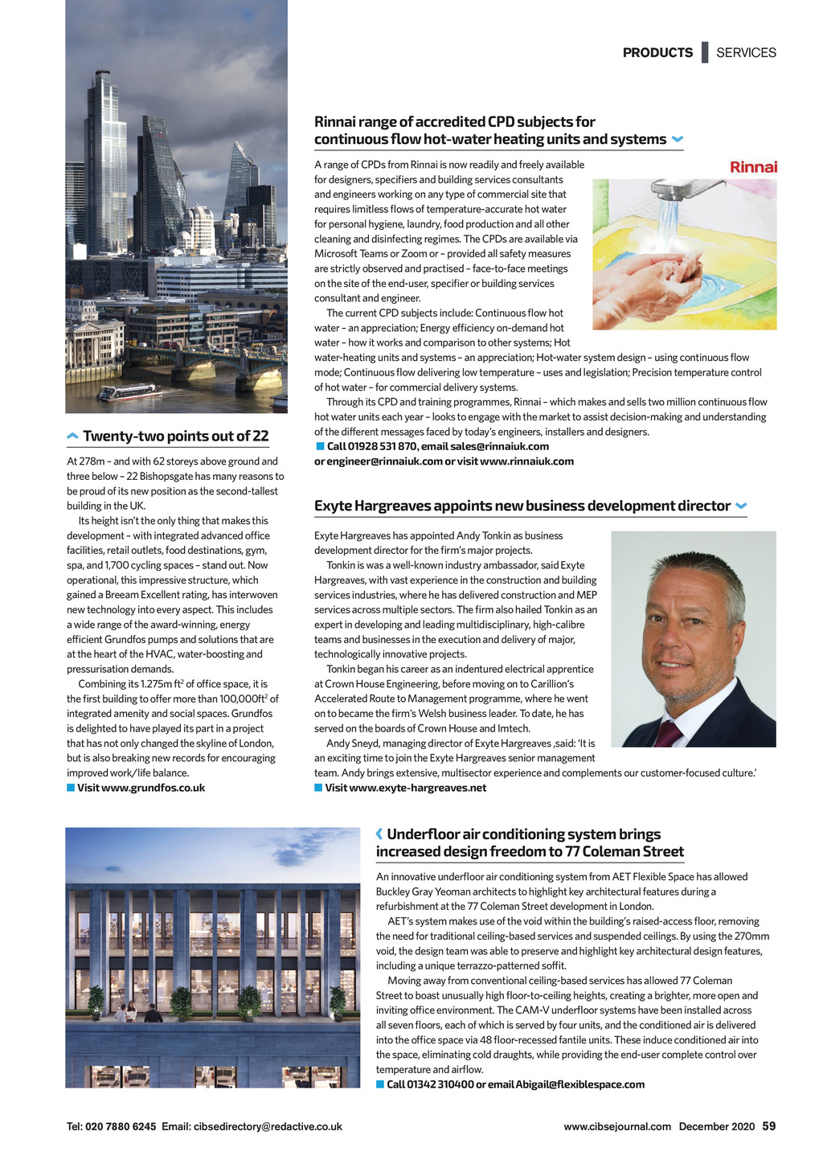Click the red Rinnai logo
point(752,167)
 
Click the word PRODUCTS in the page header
point(657,53)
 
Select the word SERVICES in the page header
point(746,53)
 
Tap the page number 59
point(769,1126)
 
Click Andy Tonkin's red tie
point(667,733)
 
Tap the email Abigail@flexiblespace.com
point(579,1084)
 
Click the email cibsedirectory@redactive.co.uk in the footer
point(268,1127)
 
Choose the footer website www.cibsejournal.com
point(617,1127)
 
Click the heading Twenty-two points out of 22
point(175,436)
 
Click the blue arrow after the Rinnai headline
point(677,140)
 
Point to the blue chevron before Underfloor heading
point(379,834)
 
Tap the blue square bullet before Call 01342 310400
point(380,1084)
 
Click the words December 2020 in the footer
point(717,1127)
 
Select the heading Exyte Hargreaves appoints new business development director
point(522,506)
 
